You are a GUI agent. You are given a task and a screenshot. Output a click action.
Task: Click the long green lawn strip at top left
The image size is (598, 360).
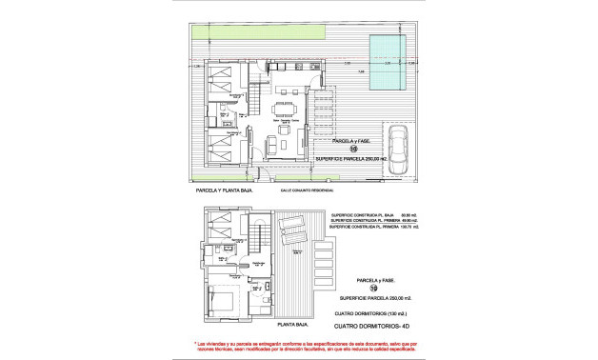(256, 34)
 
